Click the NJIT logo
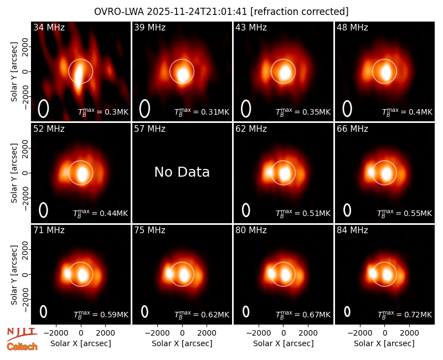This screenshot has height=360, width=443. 22,334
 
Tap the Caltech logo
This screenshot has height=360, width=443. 22,347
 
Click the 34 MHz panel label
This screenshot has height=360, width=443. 49,27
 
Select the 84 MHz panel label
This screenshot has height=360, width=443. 352,230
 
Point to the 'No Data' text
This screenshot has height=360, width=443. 182,172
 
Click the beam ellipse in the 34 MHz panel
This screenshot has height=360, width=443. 43,109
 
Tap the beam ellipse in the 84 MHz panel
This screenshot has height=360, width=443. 347,312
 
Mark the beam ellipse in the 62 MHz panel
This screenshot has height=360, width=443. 246,210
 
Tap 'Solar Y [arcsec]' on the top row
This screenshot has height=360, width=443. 14,72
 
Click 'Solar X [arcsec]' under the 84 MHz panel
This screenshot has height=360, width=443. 384,343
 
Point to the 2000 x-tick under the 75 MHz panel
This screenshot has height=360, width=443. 207,333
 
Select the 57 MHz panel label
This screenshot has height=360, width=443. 150,129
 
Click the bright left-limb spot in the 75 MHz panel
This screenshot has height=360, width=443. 169,273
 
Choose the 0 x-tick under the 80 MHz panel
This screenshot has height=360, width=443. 284,333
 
